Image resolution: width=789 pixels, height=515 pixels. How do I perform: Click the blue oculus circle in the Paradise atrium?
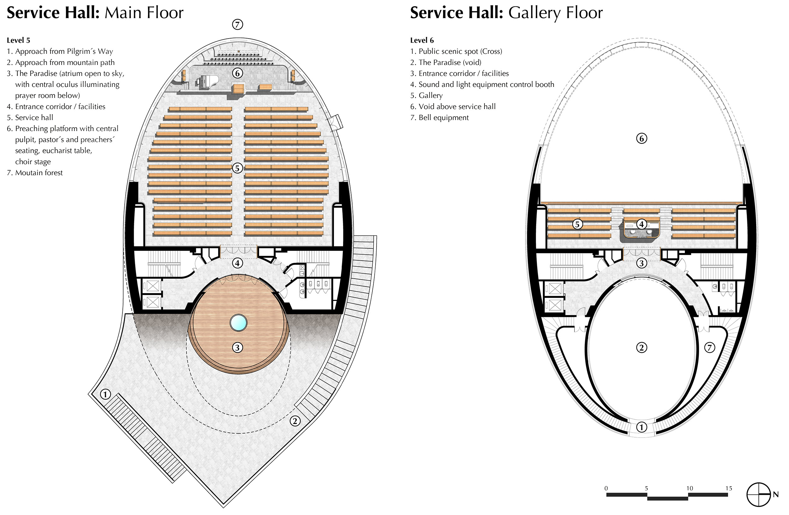(238, 323)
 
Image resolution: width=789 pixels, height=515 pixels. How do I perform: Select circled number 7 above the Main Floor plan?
(237, 24)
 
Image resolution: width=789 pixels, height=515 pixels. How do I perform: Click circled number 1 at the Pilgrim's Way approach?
(105, 394)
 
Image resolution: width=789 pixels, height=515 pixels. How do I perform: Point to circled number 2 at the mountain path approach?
(295, 421)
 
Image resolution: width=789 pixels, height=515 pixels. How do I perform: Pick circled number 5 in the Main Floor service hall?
(237, 168)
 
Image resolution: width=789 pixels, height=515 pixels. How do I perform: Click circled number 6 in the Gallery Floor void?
(642, 138)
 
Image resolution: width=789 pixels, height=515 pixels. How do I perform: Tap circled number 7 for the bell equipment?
(709, 348)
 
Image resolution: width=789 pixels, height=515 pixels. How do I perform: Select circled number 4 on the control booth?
(642, 224)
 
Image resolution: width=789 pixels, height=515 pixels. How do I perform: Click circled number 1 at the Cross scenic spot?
(642, 427)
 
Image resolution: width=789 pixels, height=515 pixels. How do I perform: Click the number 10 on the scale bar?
(690, 488)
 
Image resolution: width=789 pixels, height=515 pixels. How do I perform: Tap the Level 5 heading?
(18, 40)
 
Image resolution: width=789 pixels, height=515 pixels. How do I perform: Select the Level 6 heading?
(422, 40)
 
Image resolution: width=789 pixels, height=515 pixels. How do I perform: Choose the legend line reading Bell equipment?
(439, 118)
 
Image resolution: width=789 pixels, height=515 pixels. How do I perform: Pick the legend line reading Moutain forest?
(34, 173)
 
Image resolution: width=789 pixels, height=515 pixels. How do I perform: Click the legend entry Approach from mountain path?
(61, 62)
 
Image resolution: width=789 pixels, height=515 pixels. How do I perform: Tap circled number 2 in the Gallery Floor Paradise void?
(642, 348)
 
